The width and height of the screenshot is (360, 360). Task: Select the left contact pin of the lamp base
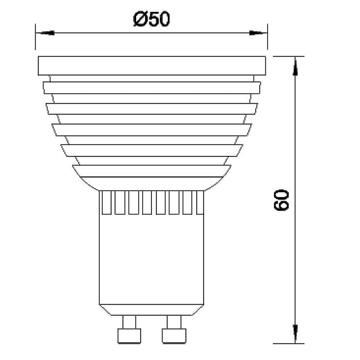(129, 329)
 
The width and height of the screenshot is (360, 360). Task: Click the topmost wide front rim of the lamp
(152, 66)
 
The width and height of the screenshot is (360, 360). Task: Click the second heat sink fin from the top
(152, 88)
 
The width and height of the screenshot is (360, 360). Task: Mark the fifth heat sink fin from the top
(152, 150)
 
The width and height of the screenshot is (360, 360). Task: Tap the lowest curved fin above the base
(152, 171)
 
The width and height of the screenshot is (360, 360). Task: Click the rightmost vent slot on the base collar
(201, 203)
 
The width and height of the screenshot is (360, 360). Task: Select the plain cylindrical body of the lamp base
(152, 259)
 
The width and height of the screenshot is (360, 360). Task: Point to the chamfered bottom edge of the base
(152, 309)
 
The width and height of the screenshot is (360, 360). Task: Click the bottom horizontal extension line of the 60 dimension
(288, 343)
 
